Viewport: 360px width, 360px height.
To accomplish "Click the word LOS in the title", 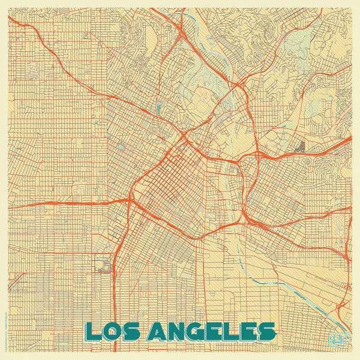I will pyautogui.click(x=114, y=331).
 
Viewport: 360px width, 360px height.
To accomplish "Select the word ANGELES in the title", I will pyautogui.click(x=213, y=331).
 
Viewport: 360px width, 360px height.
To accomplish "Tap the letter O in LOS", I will pyautogui.click(x=113, y=331).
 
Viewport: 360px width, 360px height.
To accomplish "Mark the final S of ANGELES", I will pyautogui.click(x=266, y=331).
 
